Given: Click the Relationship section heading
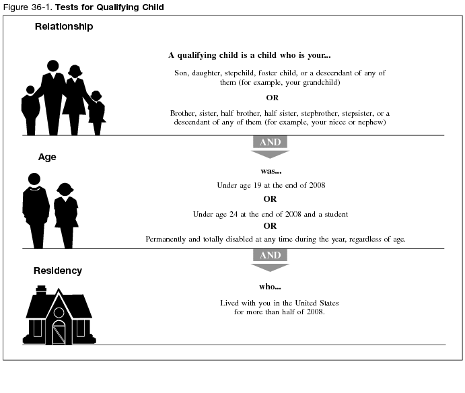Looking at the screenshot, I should tap(64, 27).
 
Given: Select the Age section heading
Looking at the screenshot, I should tap(47, 157).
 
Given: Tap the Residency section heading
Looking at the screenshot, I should tap(58, 271).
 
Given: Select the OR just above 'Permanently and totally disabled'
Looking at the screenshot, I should tap(270, 226).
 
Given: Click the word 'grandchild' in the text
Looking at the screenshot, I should tap(320, 83).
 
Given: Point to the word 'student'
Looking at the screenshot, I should tap(334, 214).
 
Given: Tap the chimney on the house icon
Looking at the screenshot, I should tap(40, 291).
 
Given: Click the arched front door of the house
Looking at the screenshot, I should tap(59, 332).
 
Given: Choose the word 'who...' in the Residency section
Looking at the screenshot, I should tap(270, 287).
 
